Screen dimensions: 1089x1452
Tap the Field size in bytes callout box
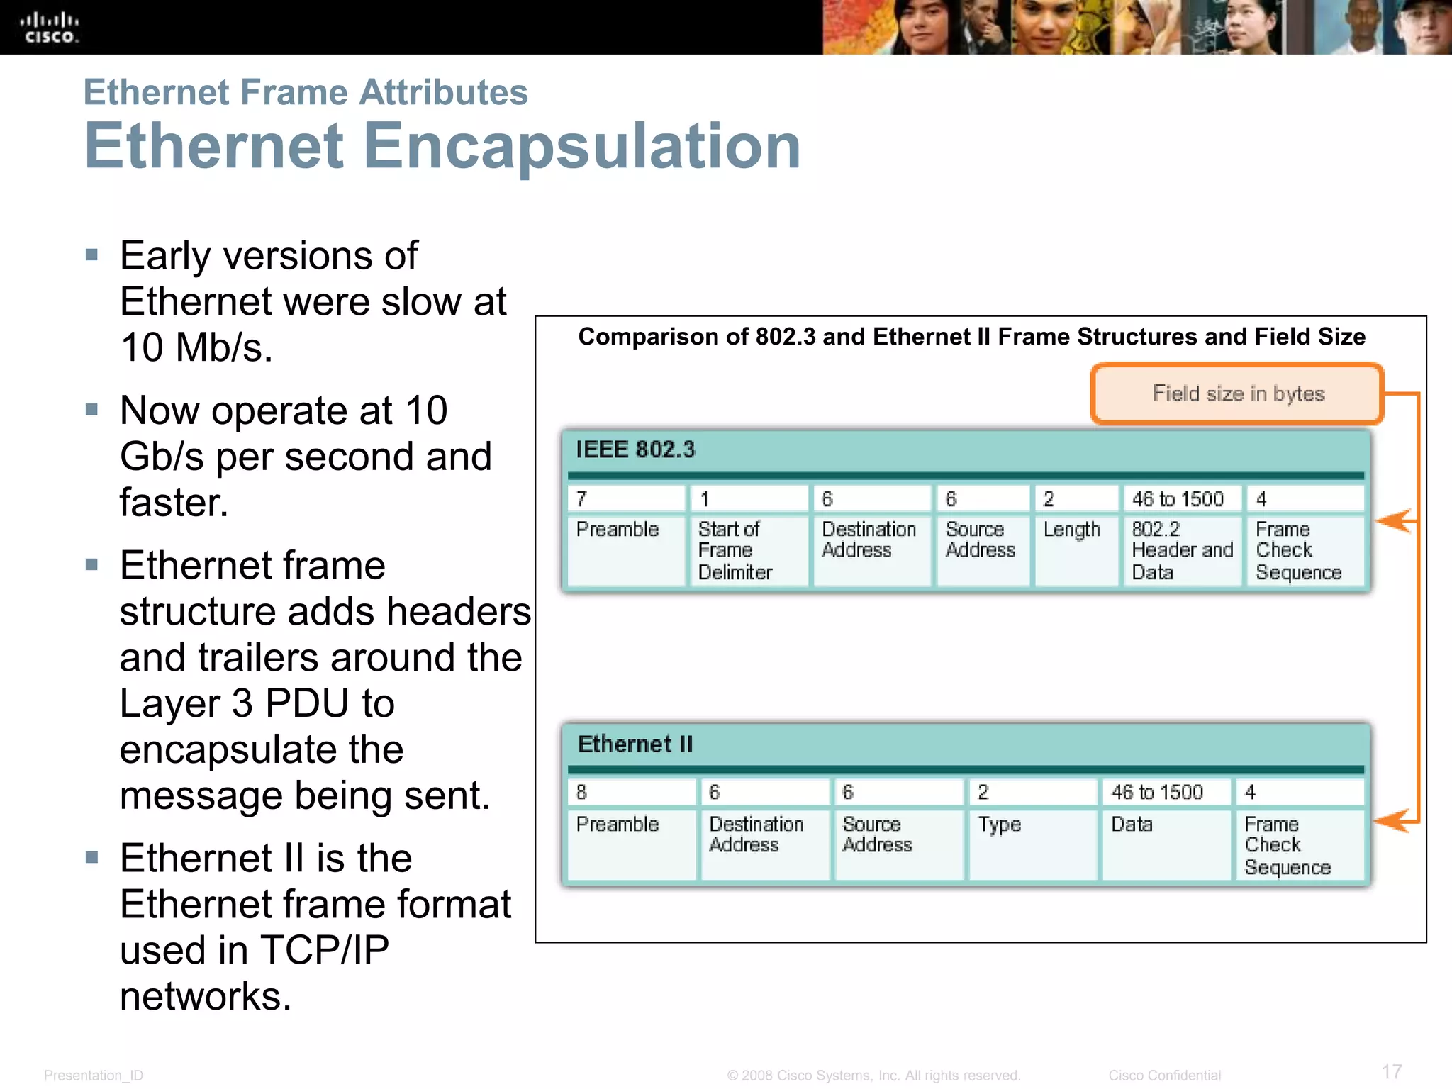coord(1237,393)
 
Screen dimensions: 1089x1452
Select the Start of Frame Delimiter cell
coord(748,550)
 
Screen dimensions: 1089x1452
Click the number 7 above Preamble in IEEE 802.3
coord(582,499)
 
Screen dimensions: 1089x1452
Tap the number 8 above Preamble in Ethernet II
coord(582,792)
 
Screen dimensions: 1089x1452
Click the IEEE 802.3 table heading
coord(635,449)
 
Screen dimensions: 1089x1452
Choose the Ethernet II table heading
coord(635,744)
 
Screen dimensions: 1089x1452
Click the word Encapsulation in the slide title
coord(581,146)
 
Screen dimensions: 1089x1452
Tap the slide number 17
coord(1392,1071)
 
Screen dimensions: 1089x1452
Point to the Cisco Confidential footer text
coord(1164,1076)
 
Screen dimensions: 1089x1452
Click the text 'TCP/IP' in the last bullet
coord(325,950)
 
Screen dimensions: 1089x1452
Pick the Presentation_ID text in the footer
coord(94,1076)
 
